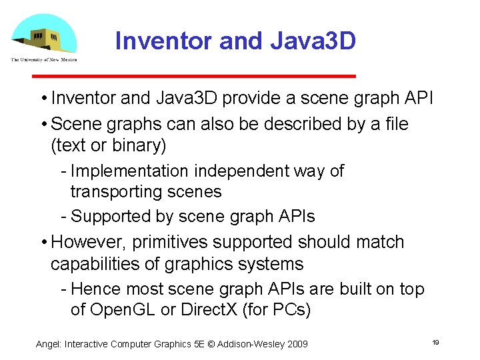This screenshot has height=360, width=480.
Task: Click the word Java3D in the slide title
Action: (313, 41)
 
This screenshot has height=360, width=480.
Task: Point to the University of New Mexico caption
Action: (44, 60)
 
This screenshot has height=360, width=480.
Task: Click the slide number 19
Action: (435, 343)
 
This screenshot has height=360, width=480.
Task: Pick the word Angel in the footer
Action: (48, 344)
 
